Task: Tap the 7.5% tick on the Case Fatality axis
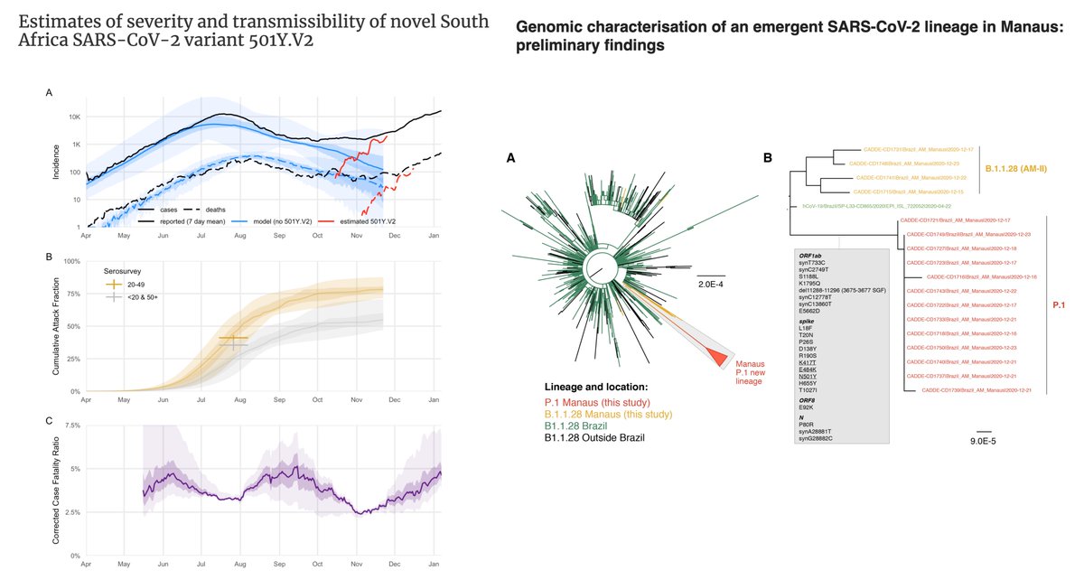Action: [70, 425]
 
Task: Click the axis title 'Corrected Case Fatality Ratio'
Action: [56, 490]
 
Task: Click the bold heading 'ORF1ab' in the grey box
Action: [808, 255]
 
